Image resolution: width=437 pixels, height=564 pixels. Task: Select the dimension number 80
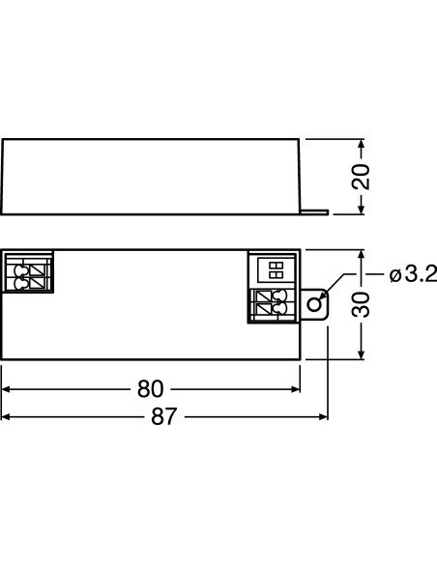pyautogui.click(x=150, y=390)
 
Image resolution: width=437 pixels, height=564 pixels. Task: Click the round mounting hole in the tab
pyautogui.click(x=314, y=305)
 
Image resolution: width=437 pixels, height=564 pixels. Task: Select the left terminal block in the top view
pyautogui.click(x=28, y=272)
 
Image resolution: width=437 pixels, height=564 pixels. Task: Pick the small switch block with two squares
pyautogui.click(x=275, y=268)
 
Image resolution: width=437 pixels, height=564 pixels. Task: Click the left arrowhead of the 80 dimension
pyautogui.click(x=8, y=390)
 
